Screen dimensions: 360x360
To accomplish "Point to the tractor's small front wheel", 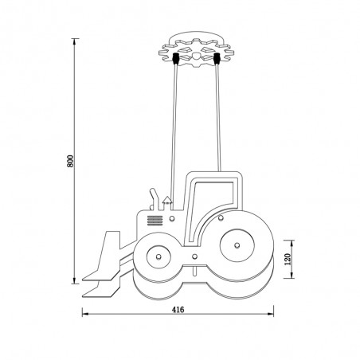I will (x=159, y=256).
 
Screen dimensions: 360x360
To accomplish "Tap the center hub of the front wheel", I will (x=159, y=256).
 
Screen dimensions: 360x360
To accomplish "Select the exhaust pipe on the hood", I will (x=151, y=195).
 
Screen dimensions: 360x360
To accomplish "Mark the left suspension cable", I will (x=170, y=127).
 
